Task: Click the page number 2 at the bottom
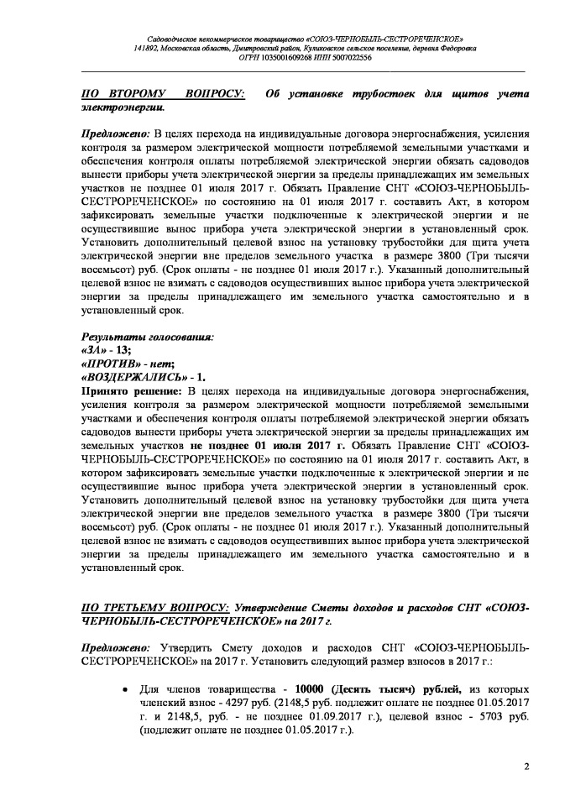(526, 766)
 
